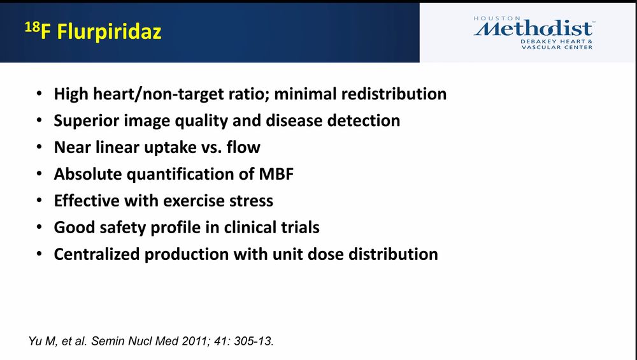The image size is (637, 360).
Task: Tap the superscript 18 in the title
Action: tap(32, 27)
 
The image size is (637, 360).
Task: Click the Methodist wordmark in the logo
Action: tap(533, 29)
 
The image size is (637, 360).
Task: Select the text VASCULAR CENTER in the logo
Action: tap(557, 47)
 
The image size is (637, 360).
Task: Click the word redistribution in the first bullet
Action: tap(394, 94)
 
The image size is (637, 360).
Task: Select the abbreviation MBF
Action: tap(276, 174)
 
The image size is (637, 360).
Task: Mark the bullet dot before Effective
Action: tap(39, 201)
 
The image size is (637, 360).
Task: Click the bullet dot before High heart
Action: tap(39, 94)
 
